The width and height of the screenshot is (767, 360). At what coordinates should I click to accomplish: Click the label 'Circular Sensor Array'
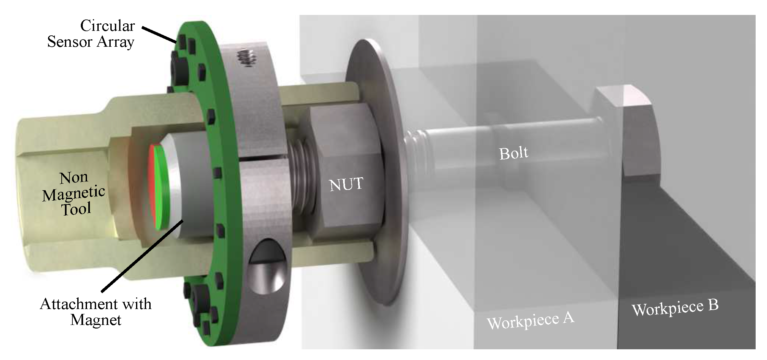pos(91,34)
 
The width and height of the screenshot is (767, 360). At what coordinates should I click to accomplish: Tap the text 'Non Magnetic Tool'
pos(74,193)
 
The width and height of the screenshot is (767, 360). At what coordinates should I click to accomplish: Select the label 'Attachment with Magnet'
pos(96,312)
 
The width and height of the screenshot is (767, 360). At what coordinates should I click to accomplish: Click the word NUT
pos(346,184)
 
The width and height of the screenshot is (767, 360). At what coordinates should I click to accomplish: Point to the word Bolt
pos(513,153)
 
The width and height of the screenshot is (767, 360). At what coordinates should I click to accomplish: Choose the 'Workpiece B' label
pos(675,307)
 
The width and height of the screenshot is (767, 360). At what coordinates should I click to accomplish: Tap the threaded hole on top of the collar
pos(248,58)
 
